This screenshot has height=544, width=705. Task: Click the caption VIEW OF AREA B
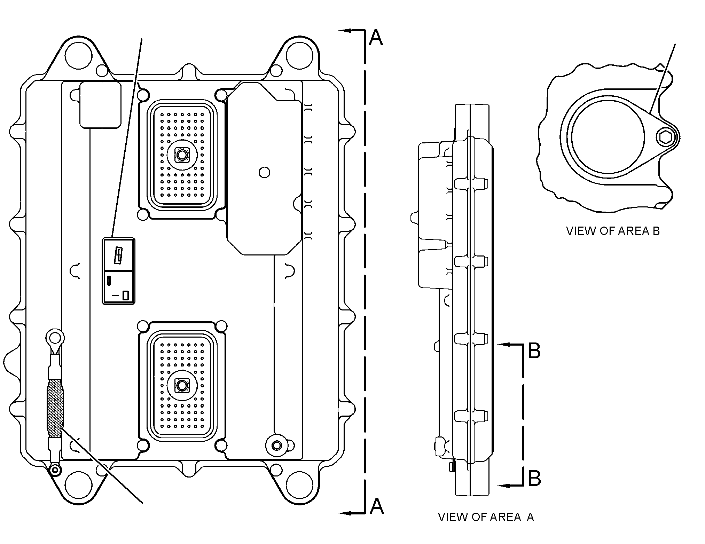(613, 231)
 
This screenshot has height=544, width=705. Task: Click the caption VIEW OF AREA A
(486, 527)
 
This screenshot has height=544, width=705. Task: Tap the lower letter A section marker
(376, 506)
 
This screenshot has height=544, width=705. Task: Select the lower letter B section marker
(534, 479)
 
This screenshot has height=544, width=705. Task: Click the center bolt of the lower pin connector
(181, 385)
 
